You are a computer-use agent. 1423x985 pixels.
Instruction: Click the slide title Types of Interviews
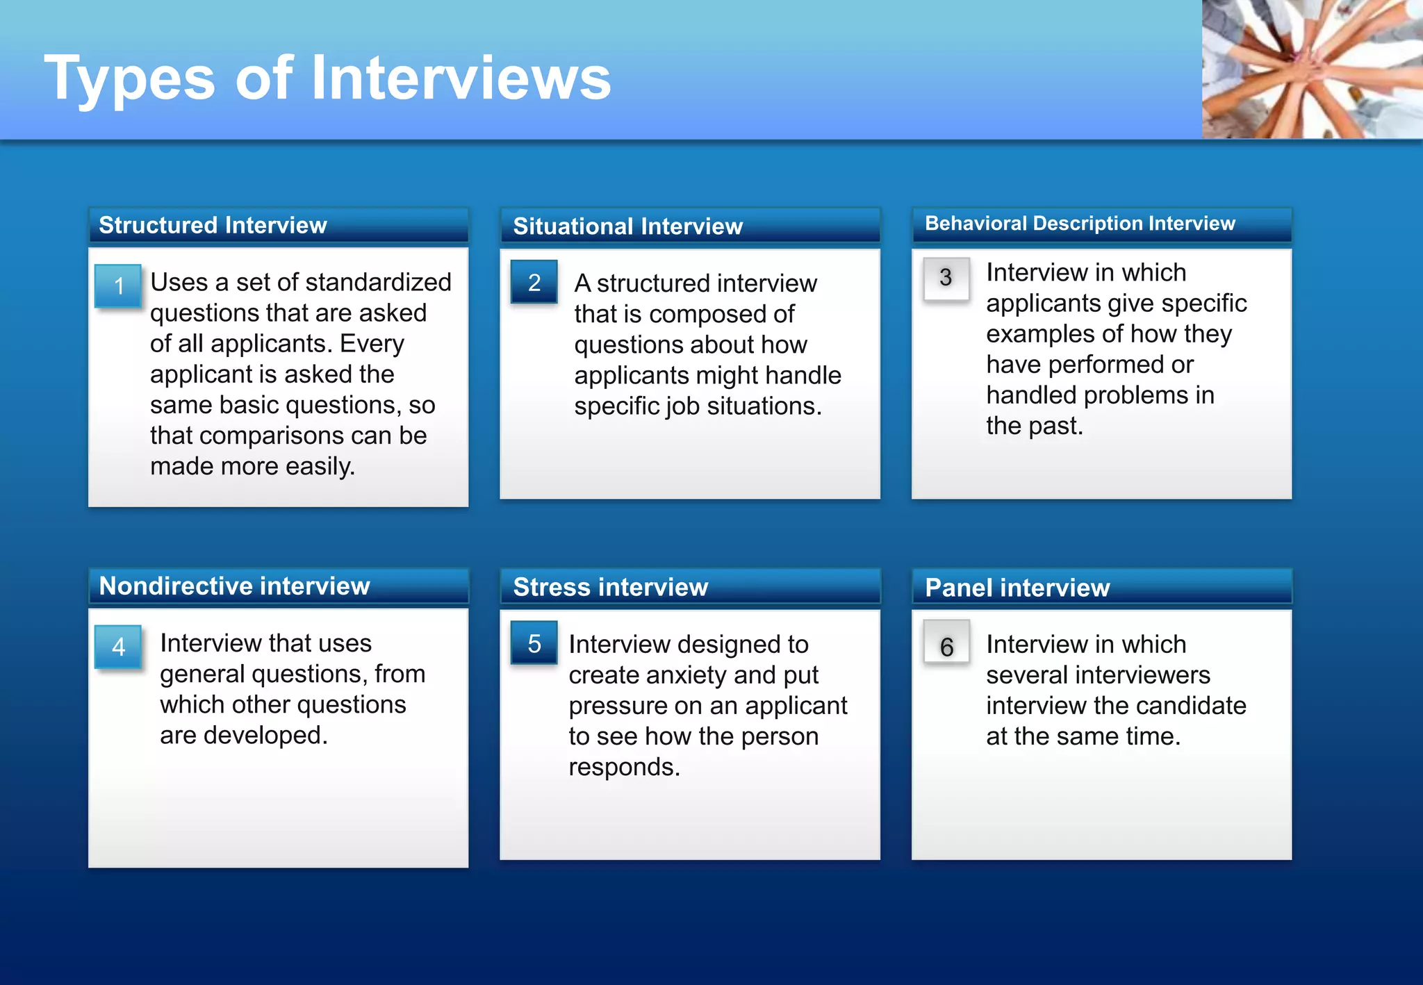click(327, 78)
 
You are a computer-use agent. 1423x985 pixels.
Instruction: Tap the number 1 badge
click(118, 285)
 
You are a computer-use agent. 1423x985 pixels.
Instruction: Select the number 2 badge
click(534, 282)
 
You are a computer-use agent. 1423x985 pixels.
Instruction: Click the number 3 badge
click(946, 278)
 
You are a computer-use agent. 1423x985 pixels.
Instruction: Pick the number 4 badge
click(118, 647)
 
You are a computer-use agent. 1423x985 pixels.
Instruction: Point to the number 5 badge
click(534, 643)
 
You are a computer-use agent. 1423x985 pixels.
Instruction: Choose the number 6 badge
click(946, 647)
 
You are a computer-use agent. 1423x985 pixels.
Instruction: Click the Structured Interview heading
click(213, 225)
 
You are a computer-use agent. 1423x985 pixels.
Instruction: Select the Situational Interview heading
click(627, 226)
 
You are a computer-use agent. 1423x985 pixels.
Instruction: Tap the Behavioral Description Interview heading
click(1080, 224)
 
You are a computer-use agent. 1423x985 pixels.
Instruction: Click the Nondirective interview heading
click(234, 586)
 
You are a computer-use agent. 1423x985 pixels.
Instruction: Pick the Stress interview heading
click(610, 588)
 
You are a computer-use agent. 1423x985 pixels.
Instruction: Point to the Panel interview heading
click(1017, 588)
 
